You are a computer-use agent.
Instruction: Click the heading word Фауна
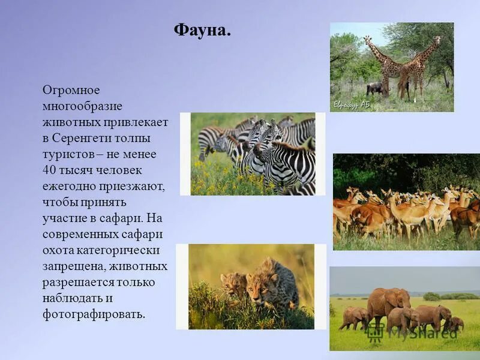coord(202,29)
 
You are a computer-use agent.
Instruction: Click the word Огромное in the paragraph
coord(71,90)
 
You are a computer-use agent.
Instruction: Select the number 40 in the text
coord(49,170)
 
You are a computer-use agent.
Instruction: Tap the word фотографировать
coord(93,314)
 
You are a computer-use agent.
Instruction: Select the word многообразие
coord(82,106)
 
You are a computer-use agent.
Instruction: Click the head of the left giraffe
coord(368,40)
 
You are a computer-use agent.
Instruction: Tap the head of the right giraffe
coord(437,40)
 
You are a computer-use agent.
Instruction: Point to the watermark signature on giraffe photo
coord(351,104)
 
